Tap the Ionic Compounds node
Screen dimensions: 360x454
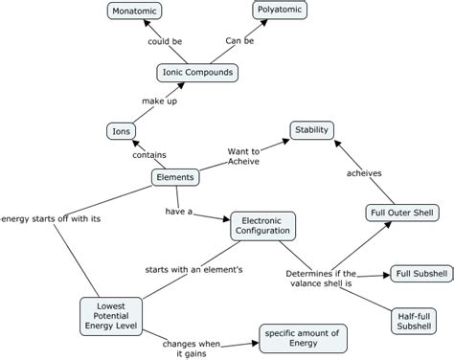[x=196, y=72]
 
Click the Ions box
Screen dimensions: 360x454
[x=120, y=131]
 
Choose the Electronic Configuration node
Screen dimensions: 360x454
[x=263, y=226]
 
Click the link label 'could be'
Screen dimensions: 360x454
[x=165, y=42]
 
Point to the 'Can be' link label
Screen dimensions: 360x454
[x=240, y=42]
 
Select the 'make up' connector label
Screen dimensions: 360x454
[x=160, y=101]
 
